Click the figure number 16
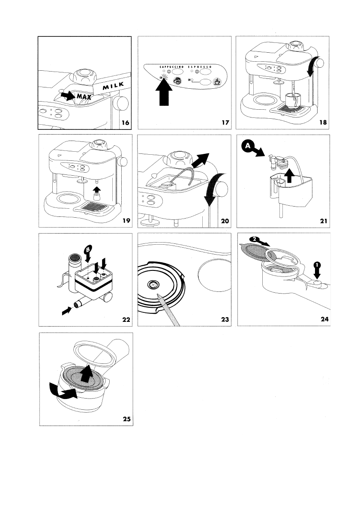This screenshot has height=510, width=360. click(x=125, y=123)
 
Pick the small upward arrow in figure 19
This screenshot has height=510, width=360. click(x=97, y=188)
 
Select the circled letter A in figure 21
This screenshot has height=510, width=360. click(x=246, y=147)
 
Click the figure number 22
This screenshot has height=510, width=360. click(x=125, y=319)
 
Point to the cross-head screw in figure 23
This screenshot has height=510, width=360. click(x=153, y=284)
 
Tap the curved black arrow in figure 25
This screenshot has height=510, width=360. click(x=63, y=391)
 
